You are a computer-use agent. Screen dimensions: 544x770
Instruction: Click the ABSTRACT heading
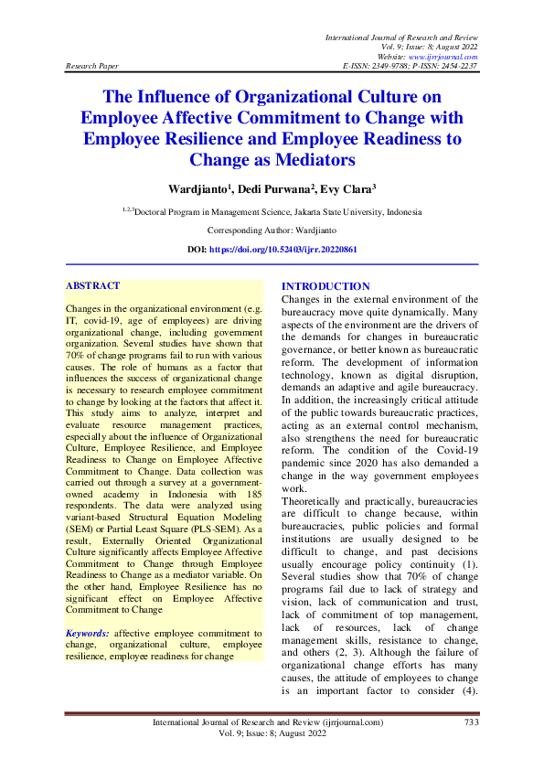[94, 285]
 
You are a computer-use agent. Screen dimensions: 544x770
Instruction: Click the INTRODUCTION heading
[325, 286]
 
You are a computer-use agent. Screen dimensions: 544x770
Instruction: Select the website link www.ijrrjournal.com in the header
[449, 56]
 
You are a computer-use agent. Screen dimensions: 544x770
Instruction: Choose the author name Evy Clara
[348, 189]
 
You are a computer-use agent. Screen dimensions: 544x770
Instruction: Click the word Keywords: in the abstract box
[88, 633]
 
